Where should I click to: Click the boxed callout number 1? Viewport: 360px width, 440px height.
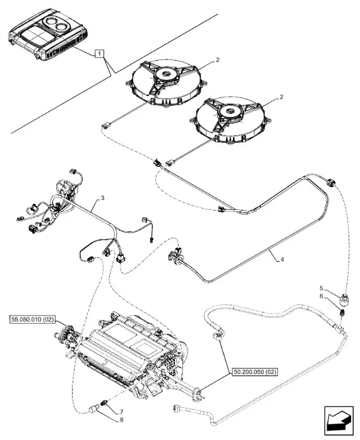[100, 53]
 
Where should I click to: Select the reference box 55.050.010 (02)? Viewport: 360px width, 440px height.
[32, 319]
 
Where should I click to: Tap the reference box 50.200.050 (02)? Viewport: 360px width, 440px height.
[255, 372]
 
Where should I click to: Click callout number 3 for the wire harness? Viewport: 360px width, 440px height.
[102, 198]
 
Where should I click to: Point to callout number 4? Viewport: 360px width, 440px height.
[282, 260]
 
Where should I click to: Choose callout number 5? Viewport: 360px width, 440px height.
[321, 288]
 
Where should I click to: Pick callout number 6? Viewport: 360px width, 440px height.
[321, 296]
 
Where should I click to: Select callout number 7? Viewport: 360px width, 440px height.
[121, 412]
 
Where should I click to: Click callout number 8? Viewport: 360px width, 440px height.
[121, 420]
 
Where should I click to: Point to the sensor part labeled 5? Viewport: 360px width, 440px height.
[344, 300]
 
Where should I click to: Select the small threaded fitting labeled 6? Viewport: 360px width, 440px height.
[342, 312]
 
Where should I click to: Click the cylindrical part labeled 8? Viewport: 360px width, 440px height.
[95, 408]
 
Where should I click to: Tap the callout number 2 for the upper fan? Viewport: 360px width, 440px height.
[217, 60]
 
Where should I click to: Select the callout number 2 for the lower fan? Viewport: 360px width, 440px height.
[282, 97]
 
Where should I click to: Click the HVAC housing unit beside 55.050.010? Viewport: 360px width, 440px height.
[132, 353]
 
